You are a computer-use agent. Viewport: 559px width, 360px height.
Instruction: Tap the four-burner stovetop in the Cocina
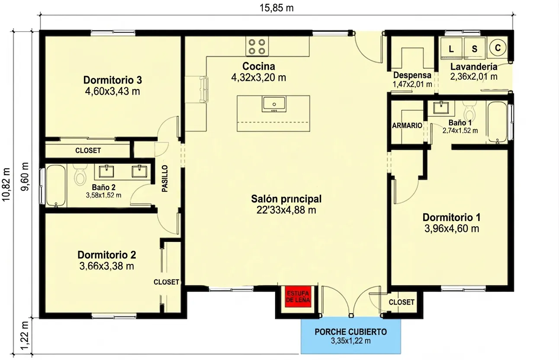click(x=257, y=46)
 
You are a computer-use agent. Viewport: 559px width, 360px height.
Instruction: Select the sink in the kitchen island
click(x=274, y=104)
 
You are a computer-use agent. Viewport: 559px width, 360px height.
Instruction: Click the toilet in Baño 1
click(x=469, y=111)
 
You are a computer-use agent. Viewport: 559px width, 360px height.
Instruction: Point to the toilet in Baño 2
click(x=80, y=174)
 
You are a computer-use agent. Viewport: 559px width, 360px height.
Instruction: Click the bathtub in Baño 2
click(x=56, y=186)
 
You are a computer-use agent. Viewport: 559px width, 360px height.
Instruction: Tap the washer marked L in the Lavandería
click(x=451, y=48)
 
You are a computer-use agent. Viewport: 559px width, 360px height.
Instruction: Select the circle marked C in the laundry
click(x=498, y=48)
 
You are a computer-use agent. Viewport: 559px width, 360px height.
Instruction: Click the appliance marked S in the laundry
click(x=475, y=48)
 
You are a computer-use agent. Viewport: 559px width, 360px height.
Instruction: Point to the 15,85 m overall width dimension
click(x=276, y=8)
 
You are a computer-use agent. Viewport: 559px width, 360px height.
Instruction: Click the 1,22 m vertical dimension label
click(x=25, y=336)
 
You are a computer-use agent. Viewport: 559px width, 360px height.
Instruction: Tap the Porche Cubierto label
click(x=350, y=332)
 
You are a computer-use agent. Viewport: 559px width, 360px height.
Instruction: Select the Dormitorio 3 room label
click(x=112, y=80)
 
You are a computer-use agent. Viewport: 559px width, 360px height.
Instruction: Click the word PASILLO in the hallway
click(x=165, y=179)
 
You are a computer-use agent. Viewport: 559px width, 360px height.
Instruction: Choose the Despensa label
click(x=412, y=75)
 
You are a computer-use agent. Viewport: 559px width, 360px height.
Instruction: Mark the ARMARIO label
click(x=407, y=125)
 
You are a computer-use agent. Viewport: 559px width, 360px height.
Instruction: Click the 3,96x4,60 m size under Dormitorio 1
click(x=452, y=229)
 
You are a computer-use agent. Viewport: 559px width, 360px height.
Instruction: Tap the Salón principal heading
click(x=286, y=199)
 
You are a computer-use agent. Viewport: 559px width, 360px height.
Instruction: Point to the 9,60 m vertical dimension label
click(x=25, y=177)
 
